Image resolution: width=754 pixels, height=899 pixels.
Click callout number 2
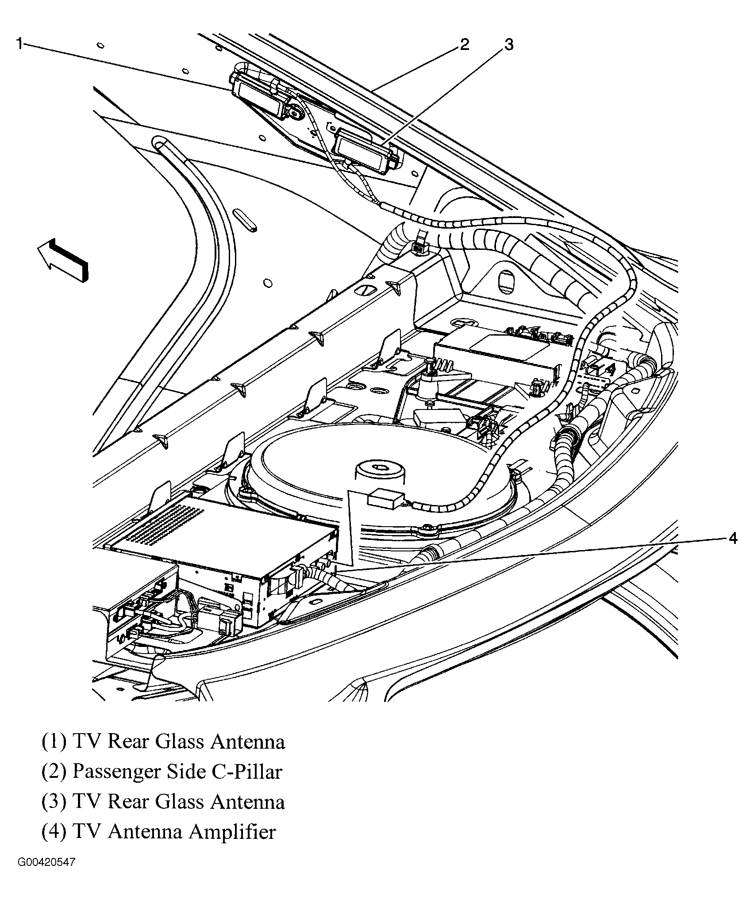(x=464, y=45)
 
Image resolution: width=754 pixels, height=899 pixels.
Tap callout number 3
(x=508, y=45)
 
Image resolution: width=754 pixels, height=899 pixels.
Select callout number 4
(x=733, y=538)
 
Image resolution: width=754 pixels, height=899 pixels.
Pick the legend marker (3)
(x=54, y=802)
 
